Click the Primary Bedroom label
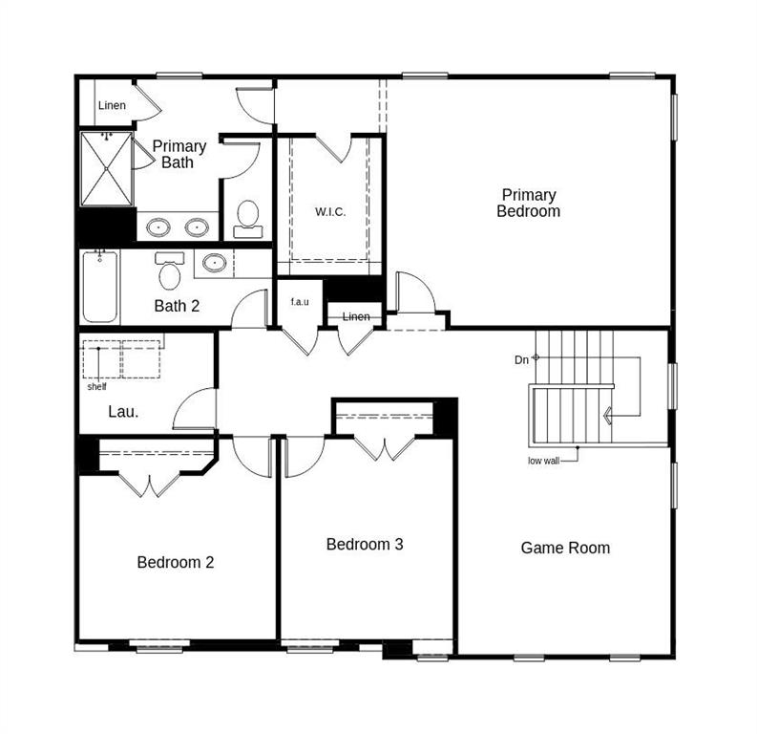528,203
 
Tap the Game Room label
565,548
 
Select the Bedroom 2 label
175,562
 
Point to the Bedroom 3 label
365,544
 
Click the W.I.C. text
330,211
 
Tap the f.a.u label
300,302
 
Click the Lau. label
122,413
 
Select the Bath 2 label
177,307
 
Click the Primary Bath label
179,154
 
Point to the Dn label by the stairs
521,359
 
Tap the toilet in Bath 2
170,273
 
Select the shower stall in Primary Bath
105,169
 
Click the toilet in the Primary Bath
248,217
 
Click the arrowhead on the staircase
606,416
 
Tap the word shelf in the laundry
96,386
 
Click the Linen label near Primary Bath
112,105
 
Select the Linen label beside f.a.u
355,316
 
